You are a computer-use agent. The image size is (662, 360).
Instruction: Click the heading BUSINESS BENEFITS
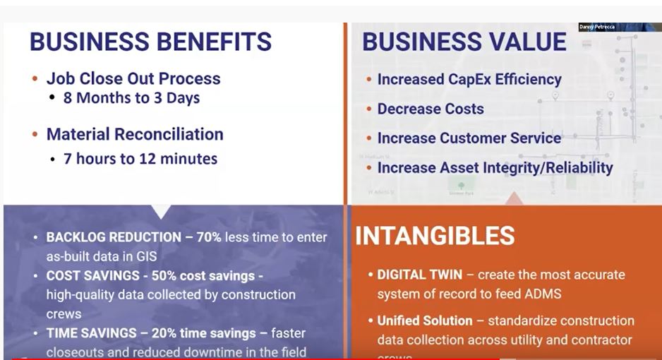150,42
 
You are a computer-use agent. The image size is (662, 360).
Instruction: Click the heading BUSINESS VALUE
464,42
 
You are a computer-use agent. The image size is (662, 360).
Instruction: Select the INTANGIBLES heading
435,236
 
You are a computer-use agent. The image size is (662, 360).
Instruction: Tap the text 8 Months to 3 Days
131,98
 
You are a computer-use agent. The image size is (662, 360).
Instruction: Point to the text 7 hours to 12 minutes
140,159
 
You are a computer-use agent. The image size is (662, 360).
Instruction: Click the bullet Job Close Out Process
133,78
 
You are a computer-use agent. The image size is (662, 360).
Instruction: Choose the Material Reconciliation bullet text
135,134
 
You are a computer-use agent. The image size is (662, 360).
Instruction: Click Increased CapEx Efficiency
469,80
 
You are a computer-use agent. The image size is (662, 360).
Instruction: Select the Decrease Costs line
431,109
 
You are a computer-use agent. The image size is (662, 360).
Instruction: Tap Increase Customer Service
469,138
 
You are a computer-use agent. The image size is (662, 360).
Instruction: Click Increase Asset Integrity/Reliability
495,168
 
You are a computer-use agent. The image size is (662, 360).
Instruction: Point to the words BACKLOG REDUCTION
114,238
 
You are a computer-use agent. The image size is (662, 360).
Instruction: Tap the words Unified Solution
424,320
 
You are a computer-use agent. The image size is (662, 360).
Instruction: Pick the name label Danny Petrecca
597,27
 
